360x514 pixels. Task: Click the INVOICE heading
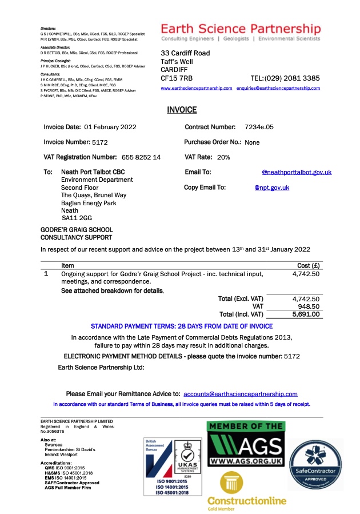tap(182, 110)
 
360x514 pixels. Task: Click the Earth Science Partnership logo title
tap(241, 29)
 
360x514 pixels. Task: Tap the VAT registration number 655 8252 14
tap(141, 157)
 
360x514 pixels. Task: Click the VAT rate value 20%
tap(223, 157)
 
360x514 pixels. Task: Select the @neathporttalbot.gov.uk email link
tap(296, 172)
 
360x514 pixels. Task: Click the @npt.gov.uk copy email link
tap(271, 188)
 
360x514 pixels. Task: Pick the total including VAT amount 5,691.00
tap(306, 314)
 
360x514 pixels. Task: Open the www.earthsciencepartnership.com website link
tap(197, 89)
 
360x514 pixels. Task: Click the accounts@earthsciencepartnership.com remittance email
tap(240, 394)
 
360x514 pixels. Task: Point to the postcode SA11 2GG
tap(77, 218)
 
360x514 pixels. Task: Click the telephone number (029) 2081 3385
tap(293, 78)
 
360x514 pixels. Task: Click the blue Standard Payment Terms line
tap(182, 326)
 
